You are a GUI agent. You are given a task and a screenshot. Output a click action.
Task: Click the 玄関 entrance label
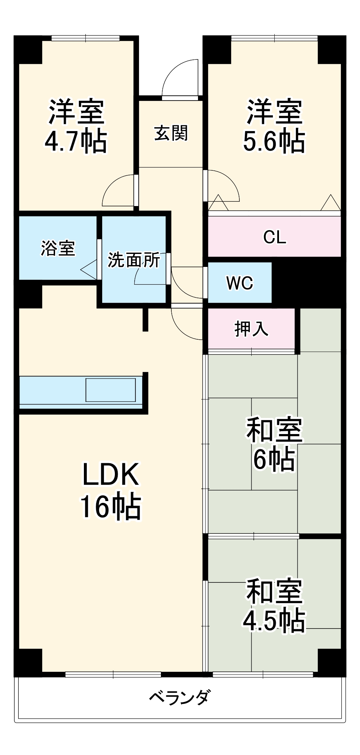[x=171, y=133]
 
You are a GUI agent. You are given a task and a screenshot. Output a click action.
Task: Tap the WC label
[x=240, y=283]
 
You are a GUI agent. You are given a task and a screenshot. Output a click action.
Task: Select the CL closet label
[x=275, y=237]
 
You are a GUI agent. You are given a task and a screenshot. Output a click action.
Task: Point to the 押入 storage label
[x=251, y=329]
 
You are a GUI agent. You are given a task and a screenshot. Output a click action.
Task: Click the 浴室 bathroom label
[x=58, y=248]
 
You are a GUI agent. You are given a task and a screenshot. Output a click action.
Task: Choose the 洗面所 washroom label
[x=134, y=260]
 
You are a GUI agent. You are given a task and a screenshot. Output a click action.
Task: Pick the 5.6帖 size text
[x=274, y=141]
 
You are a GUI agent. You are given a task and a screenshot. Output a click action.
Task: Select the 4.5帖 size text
[x=274, y=621]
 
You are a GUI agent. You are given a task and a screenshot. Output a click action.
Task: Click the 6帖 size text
[x=274, y=459]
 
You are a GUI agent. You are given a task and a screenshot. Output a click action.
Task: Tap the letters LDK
[x=111, y=475]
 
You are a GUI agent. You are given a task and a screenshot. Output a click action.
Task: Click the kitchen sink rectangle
[x=111, y=390]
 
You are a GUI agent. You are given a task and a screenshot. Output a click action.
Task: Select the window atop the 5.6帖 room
[x=274, y=38]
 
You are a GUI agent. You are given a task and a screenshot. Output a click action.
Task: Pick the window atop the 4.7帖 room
[x=85, y=38]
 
